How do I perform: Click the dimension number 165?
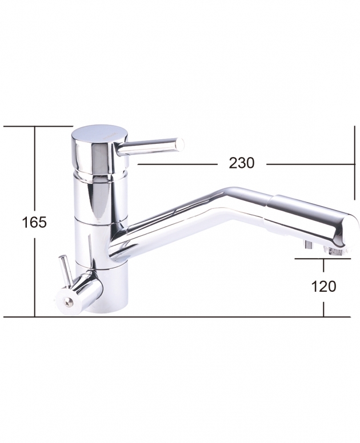click(x=34, y=222)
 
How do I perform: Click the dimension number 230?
click(x=242, y=163)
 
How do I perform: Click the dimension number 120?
click(x=323, y=287)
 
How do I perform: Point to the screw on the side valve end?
click(x=68, y=303)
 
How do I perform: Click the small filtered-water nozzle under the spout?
click(x=308, y=244)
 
